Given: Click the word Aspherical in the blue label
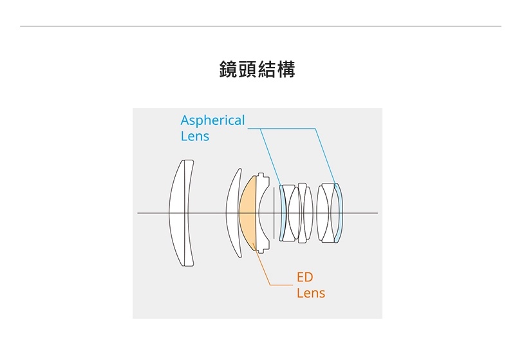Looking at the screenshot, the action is pos(212,120).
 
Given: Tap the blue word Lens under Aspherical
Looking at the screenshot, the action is pos(195,137).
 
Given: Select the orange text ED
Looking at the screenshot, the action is pos(304,277).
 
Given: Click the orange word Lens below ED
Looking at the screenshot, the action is pos(311,293).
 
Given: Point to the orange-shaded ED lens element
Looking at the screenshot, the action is pos(247,213).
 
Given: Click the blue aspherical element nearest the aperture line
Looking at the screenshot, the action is pos(282,213).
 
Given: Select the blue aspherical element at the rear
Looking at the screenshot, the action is pos(339,213).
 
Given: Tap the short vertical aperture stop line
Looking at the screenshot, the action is pos(274,213).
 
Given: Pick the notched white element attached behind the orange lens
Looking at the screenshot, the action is pos(263,213).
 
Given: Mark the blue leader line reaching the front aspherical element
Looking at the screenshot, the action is pos(270,157).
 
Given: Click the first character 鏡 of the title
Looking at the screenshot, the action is pos(229,70).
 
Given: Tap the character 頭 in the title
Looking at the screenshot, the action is pos(248,70).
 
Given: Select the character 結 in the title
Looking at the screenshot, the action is pos(267,70).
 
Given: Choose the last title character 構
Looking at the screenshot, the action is pos(286,70).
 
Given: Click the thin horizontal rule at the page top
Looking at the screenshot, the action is pos(261,26).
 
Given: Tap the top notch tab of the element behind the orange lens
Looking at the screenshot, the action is pos(261,175).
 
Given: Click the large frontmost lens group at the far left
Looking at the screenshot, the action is pos(182,213).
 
